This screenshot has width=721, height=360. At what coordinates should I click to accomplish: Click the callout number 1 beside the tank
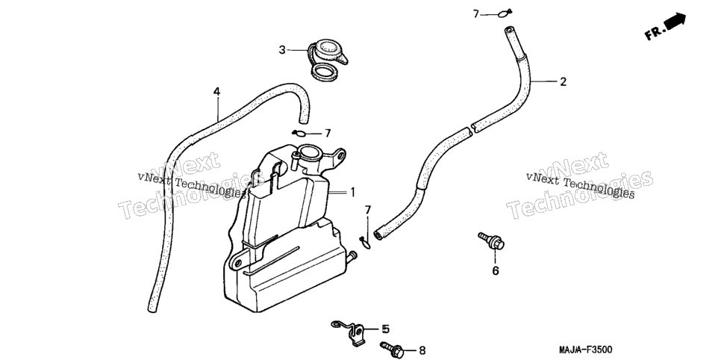[353, 192]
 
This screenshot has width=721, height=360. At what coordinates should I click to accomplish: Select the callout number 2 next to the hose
[563, 82]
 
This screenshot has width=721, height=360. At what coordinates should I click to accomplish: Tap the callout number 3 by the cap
[282, 49]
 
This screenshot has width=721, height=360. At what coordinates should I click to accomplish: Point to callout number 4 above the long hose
[216, 92]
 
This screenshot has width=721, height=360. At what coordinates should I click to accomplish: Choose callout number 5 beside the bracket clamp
[385, 329]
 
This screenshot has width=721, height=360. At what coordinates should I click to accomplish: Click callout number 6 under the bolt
[496, 271]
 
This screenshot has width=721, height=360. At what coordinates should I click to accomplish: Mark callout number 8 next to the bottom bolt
[422, 351]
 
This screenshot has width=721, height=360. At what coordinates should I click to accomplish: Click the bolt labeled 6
[492, 240]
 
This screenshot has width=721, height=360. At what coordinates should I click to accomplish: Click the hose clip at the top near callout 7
[505, 13]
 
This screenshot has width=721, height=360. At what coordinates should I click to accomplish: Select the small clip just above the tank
[299, 134]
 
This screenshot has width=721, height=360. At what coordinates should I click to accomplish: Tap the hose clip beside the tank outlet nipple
[365, 241]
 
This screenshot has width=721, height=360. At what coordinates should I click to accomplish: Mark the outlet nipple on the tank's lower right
[352, 256]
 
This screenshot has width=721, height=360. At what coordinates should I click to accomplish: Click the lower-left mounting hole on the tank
[237, 264]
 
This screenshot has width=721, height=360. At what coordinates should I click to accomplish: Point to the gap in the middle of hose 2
[472, 128]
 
